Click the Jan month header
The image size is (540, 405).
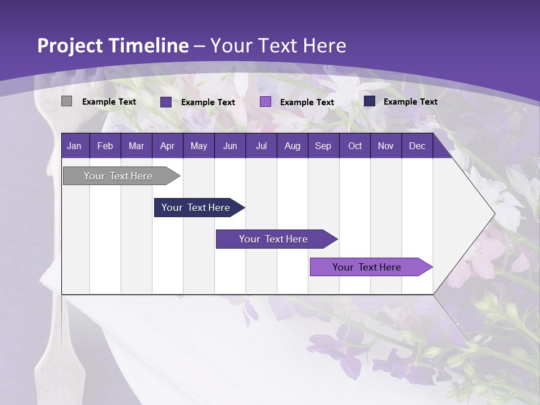click(74, 146)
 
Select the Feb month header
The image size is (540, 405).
click(105, 146)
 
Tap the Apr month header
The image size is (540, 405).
click(167, 146)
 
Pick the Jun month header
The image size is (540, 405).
click(230, 146)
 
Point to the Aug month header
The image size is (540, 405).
click(292, 146)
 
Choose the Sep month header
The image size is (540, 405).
click(323, 146)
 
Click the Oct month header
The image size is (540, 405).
click(355, 146)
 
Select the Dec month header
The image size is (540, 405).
click(417, 146)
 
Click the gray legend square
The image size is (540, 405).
click(66, 101)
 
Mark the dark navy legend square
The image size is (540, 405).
click(370, 101)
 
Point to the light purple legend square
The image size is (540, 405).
click(265, 102)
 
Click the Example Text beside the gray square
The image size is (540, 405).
click(109, 102)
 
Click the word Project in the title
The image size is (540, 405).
click(70, 46)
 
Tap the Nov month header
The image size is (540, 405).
click(386, 146)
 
